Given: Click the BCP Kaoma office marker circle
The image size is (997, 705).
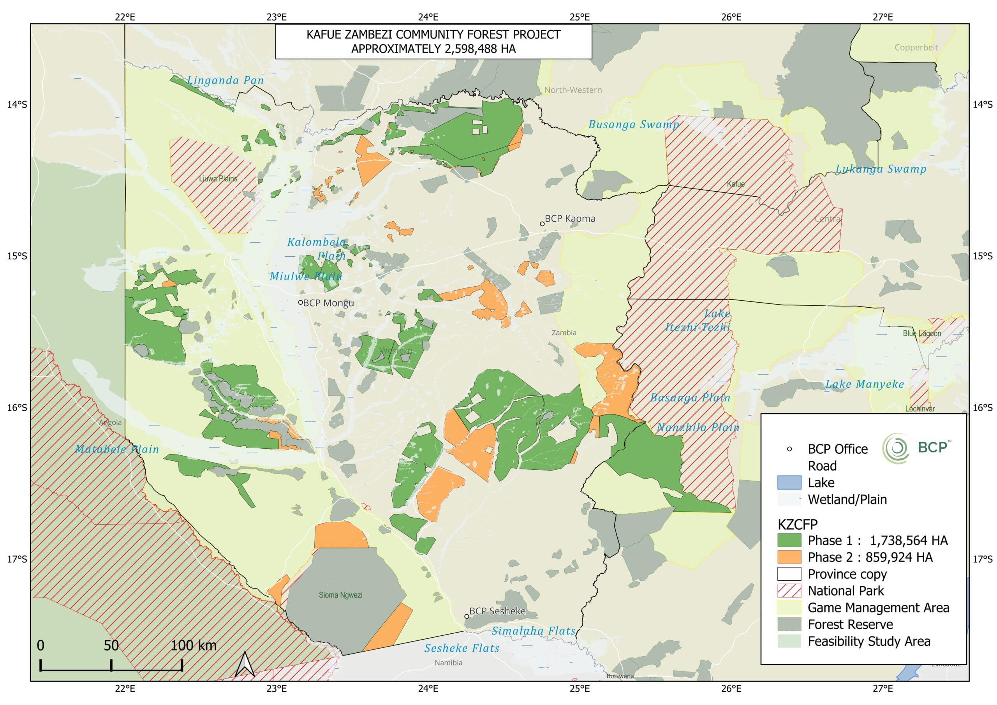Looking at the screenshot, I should [542, 224].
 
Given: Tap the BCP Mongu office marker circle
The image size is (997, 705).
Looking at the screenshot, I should [300, 302].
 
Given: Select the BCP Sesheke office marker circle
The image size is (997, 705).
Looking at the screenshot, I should [467, 616].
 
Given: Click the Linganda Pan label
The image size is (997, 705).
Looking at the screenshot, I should [225, 80].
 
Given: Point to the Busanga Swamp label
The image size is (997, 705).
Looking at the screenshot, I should [634, 125].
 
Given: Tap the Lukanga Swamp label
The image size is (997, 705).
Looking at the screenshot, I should [881, 169].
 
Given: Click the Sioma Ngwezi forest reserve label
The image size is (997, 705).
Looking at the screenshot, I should [340, 595].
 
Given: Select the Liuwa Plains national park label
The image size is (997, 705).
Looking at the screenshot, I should [218, 178].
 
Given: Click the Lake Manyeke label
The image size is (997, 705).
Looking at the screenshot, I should [865, 384].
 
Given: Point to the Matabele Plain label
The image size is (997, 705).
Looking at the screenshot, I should [117, 449].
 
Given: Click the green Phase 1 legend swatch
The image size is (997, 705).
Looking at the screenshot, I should [789, 540].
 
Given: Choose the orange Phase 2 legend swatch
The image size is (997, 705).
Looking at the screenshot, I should [789, 557].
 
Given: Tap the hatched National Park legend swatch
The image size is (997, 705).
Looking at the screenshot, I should [789, 591].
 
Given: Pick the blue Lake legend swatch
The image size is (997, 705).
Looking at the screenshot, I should [789, 483].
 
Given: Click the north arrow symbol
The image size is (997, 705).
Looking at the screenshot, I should [245, 664].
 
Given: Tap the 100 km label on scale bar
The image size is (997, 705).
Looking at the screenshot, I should [193, 645].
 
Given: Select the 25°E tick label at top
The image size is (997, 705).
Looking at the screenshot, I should [580, 17].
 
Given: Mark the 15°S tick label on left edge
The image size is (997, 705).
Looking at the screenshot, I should [16, 256].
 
